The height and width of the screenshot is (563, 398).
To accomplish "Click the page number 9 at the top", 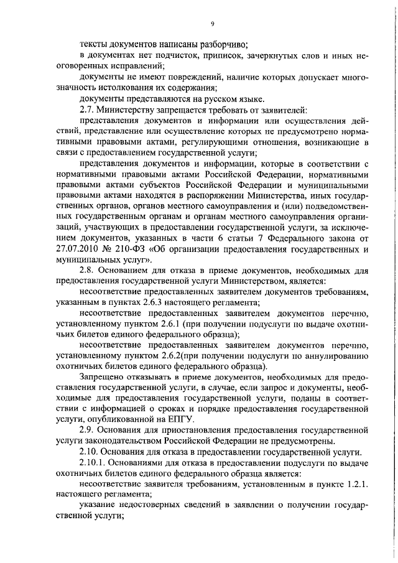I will (212, 24).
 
